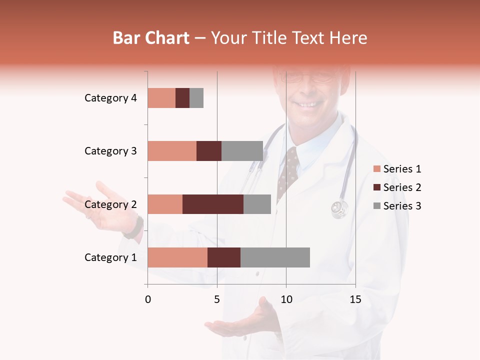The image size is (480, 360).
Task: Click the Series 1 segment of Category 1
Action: pyautogui.click(x=177, y=257)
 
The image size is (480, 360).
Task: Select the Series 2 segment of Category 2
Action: pyautogui.click(x=213, y=204)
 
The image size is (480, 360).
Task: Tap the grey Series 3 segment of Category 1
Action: pyautogui.click(x=275, y=257)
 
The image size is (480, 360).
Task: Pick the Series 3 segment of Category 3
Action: pyautogui.click(x=242, y=151)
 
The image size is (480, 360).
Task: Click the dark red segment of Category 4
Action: pyautogui.click(x=182, y=98)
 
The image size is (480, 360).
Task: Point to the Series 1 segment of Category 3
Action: pyautogui.click(x=171, y=151)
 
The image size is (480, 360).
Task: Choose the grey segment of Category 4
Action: pyautogui.click(x=196, y=98)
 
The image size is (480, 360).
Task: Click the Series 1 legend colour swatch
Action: pyautogui.click(x=376, y=169)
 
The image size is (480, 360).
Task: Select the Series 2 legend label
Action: pyautogui.click(x=402, y=187)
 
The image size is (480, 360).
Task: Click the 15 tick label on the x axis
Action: pyautogui.click(x=355, y=299)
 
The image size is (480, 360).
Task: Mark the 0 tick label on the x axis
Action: pyautogui.click(x=148, y=299)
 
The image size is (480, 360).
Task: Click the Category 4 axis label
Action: pyautogui.click(x=110, y=98)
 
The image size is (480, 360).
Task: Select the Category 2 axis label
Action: pyautogui.click(x=110, y=204)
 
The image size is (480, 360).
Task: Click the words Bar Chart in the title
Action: pyautogui.click(x=151, y=37)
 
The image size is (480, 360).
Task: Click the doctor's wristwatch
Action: pyautogui.click(x=134, y=227)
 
